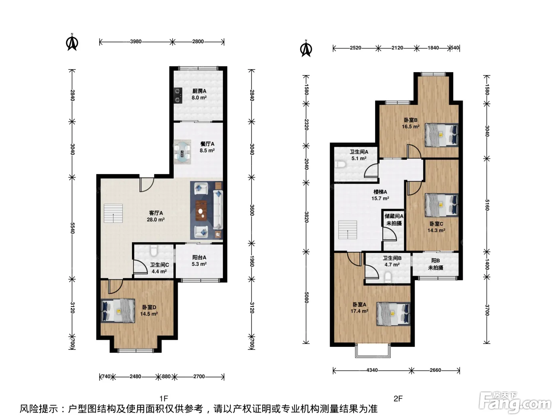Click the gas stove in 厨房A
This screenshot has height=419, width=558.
coord(178,95)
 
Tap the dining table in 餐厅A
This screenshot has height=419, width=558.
coord(182,152)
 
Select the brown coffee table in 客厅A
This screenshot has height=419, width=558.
coord(201,211)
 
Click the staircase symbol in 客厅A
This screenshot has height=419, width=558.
coord(113,213)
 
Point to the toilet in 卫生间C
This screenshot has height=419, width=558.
coord(154,251)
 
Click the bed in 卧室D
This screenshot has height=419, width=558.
coord(118,311)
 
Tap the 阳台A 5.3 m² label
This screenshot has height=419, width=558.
coord(199,261)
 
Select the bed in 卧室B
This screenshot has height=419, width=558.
coord(442,135)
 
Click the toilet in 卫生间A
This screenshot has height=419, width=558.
coord(340,164)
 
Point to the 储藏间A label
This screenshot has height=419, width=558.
coord(394,216)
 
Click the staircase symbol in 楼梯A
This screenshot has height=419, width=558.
coord(348,230)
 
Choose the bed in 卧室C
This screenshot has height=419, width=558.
coord(442,205)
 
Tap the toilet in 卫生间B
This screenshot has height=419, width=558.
coord(388,277)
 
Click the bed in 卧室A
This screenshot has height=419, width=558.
coord(393,314)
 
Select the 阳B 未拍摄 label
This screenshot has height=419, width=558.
coord(436,264)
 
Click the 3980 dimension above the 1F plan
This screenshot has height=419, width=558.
coord(136,42)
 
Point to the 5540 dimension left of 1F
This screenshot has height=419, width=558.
coord(73,228)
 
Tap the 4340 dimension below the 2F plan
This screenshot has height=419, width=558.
coord(372,370)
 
